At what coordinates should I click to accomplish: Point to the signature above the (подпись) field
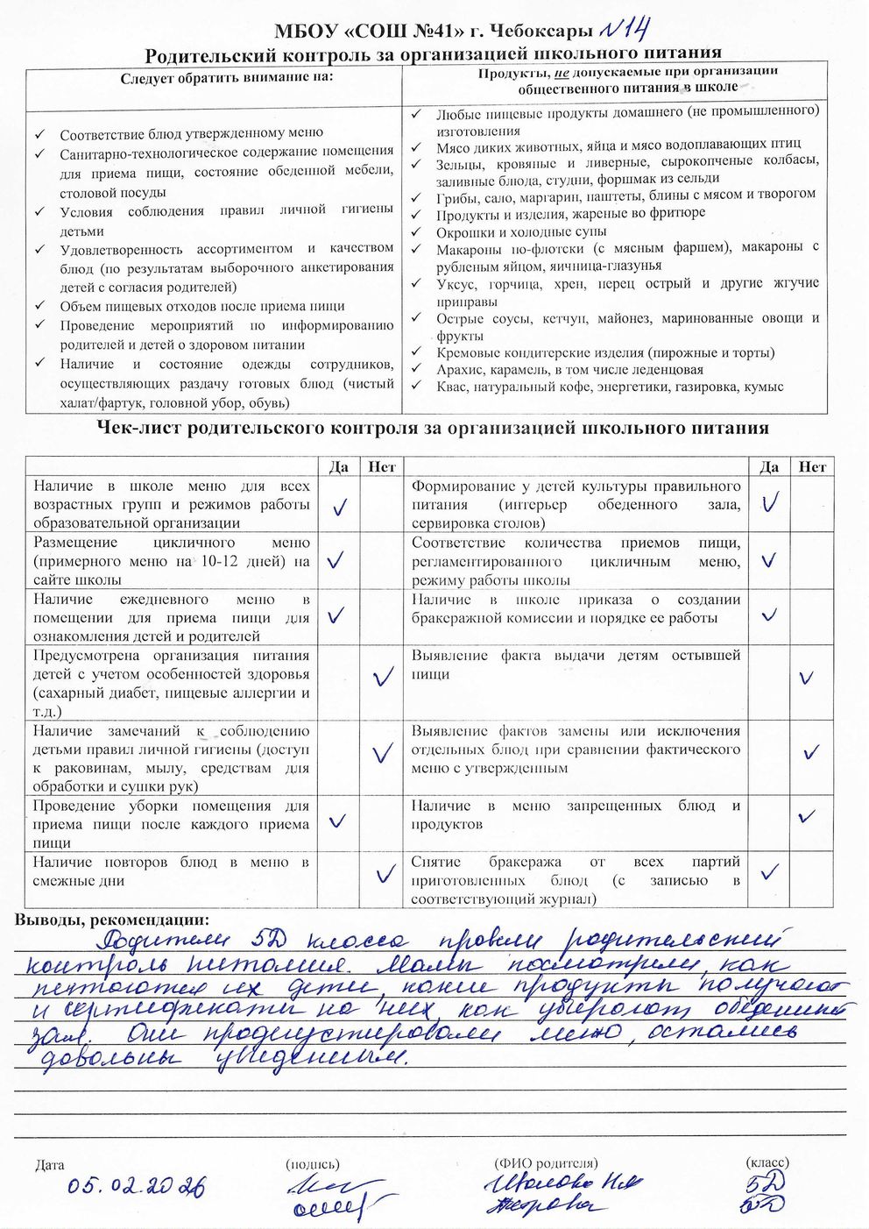(336, 1198)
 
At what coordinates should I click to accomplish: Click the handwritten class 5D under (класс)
(765, 1191)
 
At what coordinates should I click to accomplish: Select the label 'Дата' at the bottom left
(50, 1165)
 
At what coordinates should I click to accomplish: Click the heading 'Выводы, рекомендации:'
(112, 920)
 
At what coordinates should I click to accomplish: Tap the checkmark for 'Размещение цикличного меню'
(336, 560)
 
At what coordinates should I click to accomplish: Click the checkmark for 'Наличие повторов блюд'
(383, 874)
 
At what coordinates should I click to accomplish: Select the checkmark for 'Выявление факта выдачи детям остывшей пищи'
(806, 677)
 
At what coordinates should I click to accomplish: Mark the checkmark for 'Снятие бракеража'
(770, 872)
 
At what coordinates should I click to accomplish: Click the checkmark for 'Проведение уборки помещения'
(336, 821)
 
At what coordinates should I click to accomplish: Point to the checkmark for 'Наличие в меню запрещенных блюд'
(807, 817)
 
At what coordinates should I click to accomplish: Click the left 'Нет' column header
(382, 467)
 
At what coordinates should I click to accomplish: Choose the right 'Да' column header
(769, 467)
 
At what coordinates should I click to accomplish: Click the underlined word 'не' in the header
(562, 72)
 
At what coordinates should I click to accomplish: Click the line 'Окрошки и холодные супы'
(521, 231)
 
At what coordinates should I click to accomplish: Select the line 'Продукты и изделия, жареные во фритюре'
(570, 213)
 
